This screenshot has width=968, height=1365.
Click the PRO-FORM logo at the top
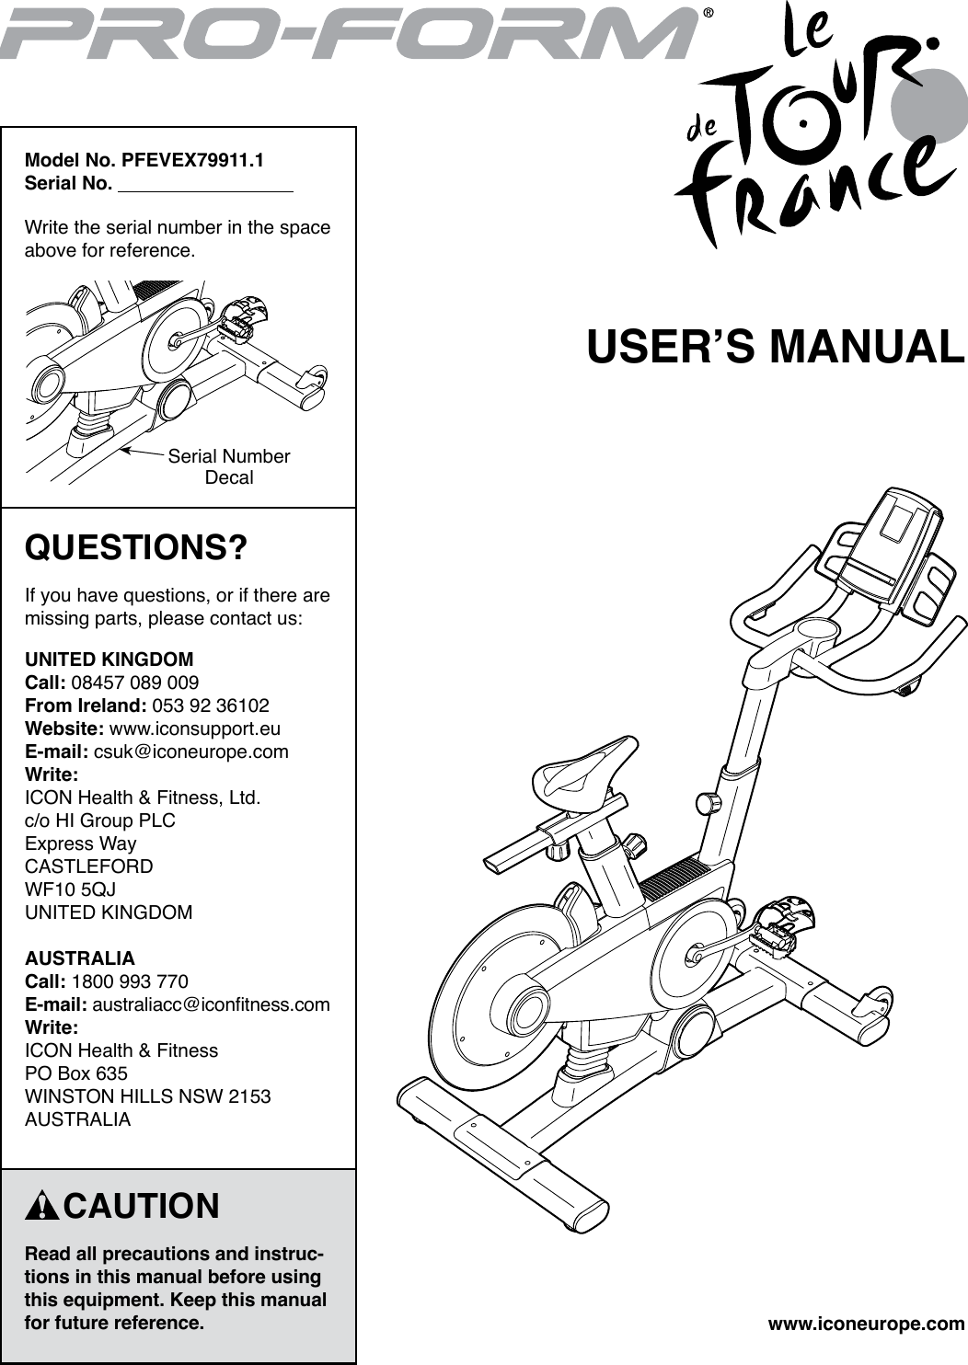(x=350, y=34)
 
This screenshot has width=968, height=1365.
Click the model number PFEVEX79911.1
(x=192, y=160)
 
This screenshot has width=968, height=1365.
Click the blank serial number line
(x=206, y=186)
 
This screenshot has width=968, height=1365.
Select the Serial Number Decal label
(x=228, y=466)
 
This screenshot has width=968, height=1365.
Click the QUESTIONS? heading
(x=136, y=547)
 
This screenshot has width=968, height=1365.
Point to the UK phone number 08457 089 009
(x=134, y=682)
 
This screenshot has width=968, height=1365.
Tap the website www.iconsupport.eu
(x=195, y=728)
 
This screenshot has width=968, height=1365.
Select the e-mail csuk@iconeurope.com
(x=191, y=751)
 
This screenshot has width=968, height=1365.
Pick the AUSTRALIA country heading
(x=79, y=958)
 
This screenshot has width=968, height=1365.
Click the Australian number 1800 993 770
(x=130, y=981)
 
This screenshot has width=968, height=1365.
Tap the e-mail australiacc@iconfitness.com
(x=211, y=1004)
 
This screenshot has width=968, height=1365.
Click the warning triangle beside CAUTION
(x=42, y=1206)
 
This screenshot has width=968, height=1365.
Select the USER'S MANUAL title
(x=776, y=347)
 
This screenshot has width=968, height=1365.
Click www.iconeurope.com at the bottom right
(x=866, y=1325)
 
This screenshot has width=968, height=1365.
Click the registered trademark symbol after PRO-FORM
(x=708, y=14)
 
